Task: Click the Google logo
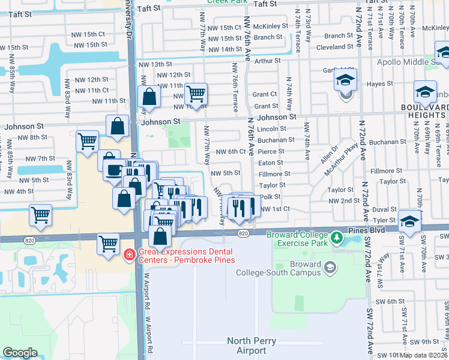[20, 353]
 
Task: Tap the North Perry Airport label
[247, 346]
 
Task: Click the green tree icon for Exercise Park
[337, 239]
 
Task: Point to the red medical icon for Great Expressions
[128, 256]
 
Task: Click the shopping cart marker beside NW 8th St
[88, 142]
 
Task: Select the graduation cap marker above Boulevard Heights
[425, 92]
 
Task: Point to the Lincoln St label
[271, 129]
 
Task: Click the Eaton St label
[271, 163]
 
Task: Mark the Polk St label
[271, 197]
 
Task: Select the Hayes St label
[379, 85]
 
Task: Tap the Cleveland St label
[334, 47]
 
